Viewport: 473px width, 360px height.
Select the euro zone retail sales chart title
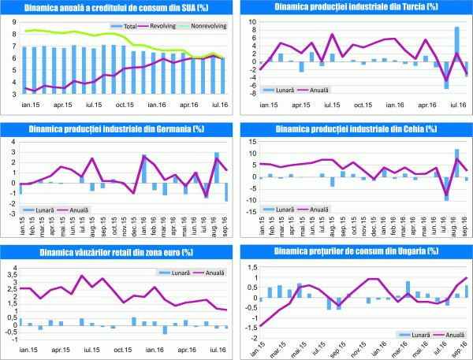119,251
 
